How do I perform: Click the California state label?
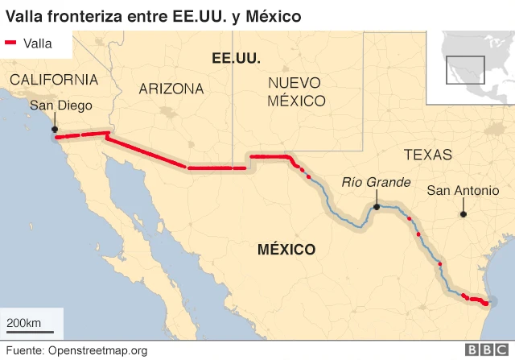[x=54, y=80]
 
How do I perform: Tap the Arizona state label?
[x=171, y=89]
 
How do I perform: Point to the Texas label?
[x=428, y=155]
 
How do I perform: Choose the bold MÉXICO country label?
[x=286, y=249]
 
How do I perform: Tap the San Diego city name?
[x=61, y=106]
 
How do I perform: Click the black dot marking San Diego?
[x=55, y=129]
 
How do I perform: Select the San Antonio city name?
[x=463, y=190]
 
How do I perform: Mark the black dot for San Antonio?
[x=463, y=213]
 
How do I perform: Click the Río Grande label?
[x=377, y=183]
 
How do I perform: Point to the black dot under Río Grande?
[x=377, y=207]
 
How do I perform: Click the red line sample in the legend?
[x=11, y=43]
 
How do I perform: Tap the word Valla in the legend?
[x=38, y=43]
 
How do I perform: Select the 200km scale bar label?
[x=24, y=323]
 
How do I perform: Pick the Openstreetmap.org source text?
[x=97, y=350]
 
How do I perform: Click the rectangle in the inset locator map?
[x=466, y=69]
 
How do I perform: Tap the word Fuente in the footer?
[x=23, y=350]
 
